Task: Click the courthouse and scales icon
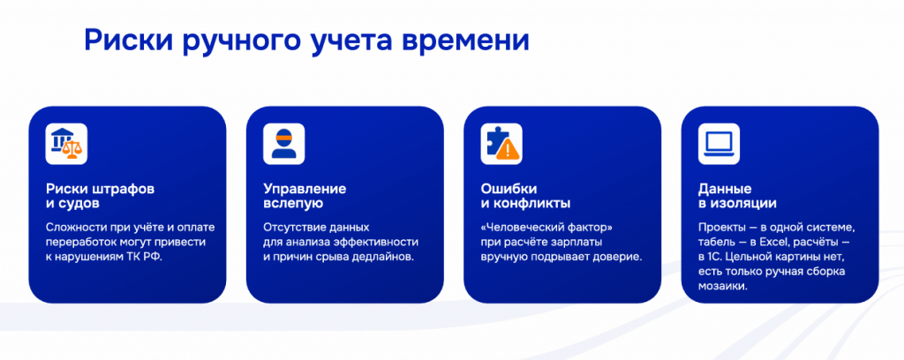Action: coord(66,144)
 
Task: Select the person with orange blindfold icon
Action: coord(283,144)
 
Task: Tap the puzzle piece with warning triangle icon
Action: coord(501,144)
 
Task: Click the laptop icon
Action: coord(719,144)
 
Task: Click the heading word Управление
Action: coord(305,189)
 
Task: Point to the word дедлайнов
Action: coord(385,258)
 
